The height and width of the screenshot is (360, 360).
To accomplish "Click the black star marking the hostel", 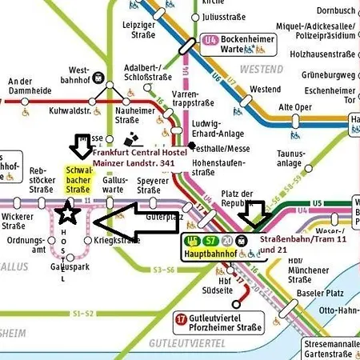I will pyautogui.click(x=69, y=213).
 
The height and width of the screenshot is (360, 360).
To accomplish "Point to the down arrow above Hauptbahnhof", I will pyautogui.click(x=255, y=214).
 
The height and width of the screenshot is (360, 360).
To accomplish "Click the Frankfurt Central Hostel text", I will pyautogui.click(x=139, y=152).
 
